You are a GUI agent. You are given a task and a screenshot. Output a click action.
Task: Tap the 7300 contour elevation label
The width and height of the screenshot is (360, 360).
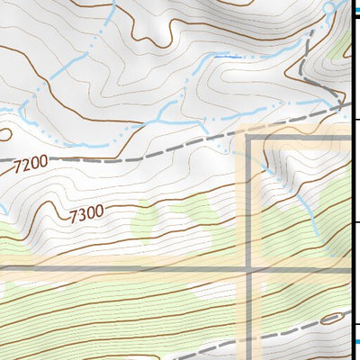86,213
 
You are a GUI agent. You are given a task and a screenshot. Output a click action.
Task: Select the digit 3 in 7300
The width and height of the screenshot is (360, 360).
82,214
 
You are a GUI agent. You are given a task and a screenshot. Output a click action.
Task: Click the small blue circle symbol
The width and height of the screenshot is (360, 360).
329,7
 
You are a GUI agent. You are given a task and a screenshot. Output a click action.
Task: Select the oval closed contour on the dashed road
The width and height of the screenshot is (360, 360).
330,318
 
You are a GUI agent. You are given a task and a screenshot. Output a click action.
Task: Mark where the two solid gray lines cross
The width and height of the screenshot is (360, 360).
248,269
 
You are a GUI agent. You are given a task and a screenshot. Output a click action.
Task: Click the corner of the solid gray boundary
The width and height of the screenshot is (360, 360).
248,139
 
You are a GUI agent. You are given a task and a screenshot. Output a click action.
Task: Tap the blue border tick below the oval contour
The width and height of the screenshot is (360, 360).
356,340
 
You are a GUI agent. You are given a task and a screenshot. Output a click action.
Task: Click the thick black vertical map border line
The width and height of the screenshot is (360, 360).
353,180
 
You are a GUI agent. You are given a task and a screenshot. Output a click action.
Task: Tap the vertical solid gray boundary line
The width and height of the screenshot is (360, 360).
248,306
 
